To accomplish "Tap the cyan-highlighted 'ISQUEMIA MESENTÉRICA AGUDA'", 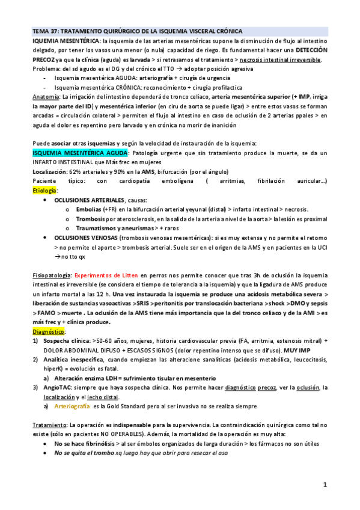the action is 79,153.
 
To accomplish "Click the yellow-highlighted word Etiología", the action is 45,190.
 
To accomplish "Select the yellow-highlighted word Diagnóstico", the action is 49,331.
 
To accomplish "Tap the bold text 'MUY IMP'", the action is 314,349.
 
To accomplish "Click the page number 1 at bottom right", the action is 325,485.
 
